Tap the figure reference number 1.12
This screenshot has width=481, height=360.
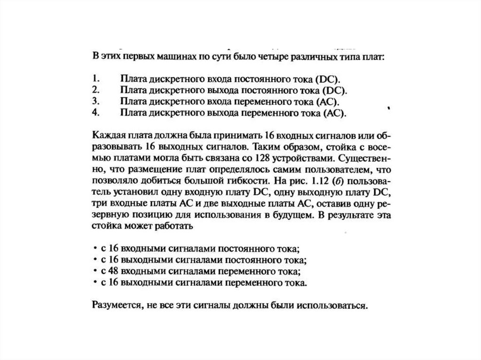(308, 180)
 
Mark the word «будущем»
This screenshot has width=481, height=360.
(293, 215)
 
